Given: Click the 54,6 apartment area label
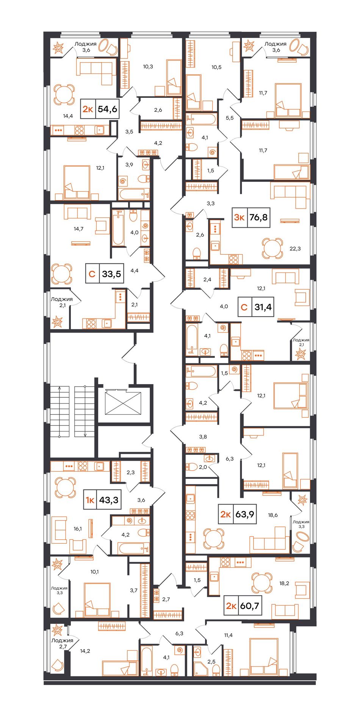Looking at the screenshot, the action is click(x=107, y=109).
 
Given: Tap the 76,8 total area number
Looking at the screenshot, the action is click(x=258, y=217).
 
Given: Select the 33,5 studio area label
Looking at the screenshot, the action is click(x=111, y=273).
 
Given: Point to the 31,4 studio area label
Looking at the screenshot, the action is click(x=263, y=307).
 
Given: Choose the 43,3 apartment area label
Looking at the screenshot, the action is click(x=109, y=500).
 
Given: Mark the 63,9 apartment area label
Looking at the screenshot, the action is click(x=244, y=514).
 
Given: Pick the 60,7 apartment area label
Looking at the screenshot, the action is click(x=249, y=606).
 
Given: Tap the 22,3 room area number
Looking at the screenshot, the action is click(x=295, y=248).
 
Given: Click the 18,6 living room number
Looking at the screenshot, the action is click(x=273, y=515).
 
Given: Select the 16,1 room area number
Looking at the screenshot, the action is click(x=78, y=529).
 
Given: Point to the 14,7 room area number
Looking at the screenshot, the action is click(x=78, y=229).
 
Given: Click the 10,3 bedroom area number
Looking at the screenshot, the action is click(x=148, y=66).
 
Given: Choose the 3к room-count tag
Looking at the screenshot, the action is click(x=239, y=217).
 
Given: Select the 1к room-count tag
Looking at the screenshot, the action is click(x=90, y=500).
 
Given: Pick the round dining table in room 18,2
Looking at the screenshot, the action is click(x=262, y=583).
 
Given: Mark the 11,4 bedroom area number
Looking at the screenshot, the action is click(x=228, y=635).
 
